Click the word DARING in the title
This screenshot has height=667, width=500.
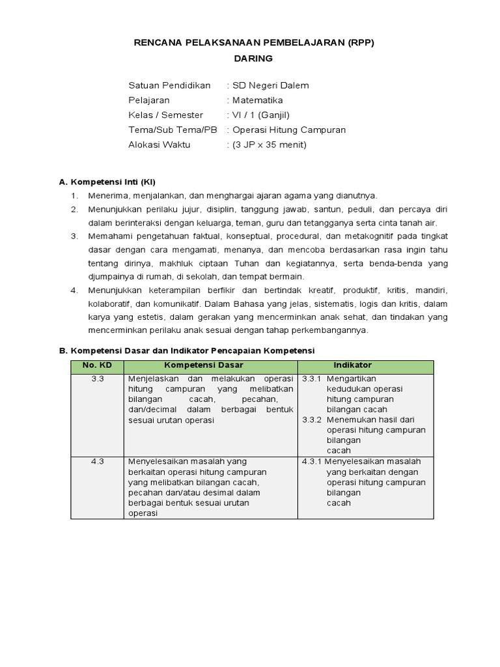tap(254, 58)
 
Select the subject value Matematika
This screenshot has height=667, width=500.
tap(258, 100)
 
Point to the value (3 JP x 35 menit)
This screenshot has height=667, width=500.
tap(270, 145)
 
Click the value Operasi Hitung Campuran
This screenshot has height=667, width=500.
tap(289, 130)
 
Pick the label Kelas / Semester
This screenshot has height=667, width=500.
tap(166, 115)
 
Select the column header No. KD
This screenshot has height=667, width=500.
tap(97, 365)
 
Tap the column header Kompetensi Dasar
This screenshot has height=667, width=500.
tap(210, 365)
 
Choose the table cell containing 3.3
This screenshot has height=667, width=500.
tap(98, 378)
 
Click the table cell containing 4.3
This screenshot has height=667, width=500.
tap(98, 461)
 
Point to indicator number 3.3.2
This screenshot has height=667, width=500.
tap(312, 419)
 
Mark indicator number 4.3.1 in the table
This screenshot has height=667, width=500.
tap(312, 461)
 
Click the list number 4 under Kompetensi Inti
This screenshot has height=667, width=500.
tap(74, 290)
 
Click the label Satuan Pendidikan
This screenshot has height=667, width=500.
tap(169, 85)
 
